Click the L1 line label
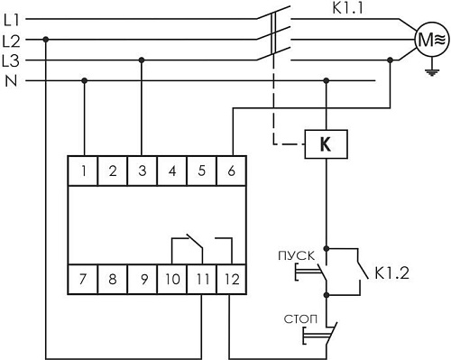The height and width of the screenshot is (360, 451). (x=13, y=19)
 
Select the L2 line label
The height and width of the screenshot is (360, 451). (x=13, y=41)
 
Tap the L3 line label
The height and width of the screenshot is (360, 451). (x=13, y=60)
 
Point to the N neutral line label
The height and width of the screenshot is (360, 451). (x=11, y=81)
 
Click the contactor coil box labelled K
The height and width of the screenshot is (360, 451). (x=326, y=143)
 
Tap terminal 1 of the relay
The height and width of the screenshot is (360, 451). (x=84, y=170)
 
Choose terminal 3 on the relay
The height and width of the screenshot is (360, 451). (x=143, y=170)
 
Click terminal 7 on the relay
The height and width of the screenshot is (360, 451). (x=84, y=277)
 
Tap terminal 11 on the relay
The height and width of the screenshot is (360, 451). (x=202, y=277)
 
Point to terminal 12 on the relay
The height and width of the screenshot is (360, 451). (x=232, y=277)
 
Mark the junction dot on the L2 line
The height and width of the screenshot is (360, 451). (x=45, y=40)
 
